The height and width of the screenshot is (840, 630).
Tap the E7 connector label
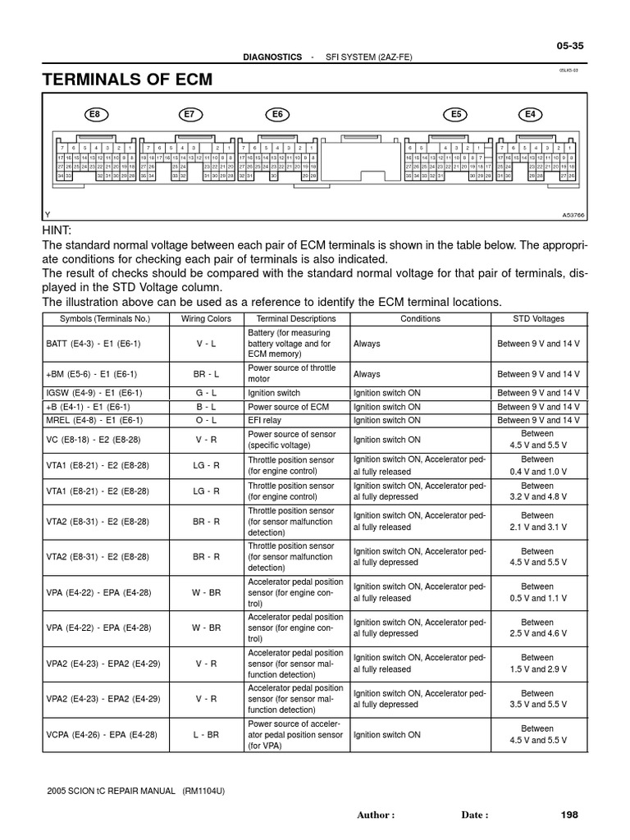click(189, 115)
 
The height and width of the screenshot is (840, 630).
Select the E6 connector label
click(277, 115)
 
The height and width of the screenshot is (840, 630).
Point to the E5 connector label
click(457, 115)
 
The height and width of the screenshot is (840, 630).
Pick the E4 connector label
click(530, 115)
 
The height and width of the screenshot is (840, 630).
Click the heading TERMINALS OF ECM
click(127, 80)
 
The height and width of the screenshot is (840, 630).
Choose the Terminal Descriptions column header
click(296, 318)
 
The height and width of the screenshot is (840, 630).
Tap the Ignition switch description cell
click(274, 393)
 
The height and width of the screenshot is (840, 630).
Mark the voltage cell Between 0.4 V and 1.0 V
click(537, 466)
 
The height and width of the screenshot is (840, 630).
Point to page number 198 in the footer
click(569, 815)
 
